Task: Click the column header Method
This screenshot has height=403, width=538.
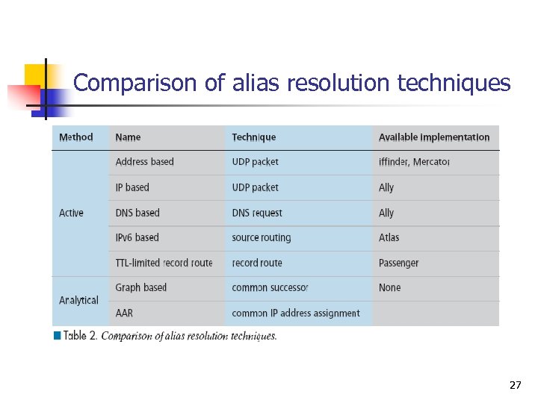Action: pos(76,137)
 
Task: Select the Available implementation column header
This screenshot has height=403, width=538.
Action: pos(433,137)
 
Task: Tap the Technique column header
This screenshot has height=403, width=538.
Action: pos(253,137)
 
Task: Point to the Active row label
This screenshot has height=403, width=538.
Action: pos(71,213)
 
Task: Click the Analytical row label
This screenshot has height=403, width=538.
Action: pos(78,300)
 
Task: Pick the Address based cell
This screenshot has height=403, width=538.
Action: pos(144,162)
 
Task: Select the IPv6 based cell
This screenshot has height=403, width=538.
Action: pos(137,237)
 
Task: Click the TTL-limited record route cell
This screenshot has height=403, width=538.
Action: pos(164,263)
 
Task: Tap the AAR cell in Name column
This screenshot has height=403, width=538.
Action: pos(124,313)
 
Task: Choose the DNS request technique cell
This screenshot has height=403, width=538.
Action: pos(257,213)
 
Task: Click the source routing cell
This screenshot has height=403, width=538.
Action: pos(261,237)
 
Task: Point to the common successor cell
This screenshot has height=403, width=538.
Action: pos(270,287)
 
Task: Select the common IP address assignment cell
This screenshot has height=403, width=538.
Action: pos(295,313)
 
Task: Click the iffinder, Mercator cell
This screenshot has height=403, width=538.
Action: pos(414,162)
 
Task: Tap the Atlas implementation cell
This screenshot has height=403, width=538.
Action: pos(389,237)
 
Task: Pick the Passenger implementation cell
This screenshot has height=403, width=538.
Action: pos(398,263)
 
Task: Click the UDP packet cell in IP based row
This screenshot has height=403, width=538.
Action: pos(255,187)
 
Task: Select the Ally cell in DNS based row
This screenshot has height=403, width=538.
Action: pos(386,213)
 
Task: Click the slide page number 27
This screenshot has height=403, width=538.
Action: pos(515,385)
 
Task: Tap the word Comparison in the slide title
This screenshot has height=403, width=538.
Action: pos(136,83)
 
